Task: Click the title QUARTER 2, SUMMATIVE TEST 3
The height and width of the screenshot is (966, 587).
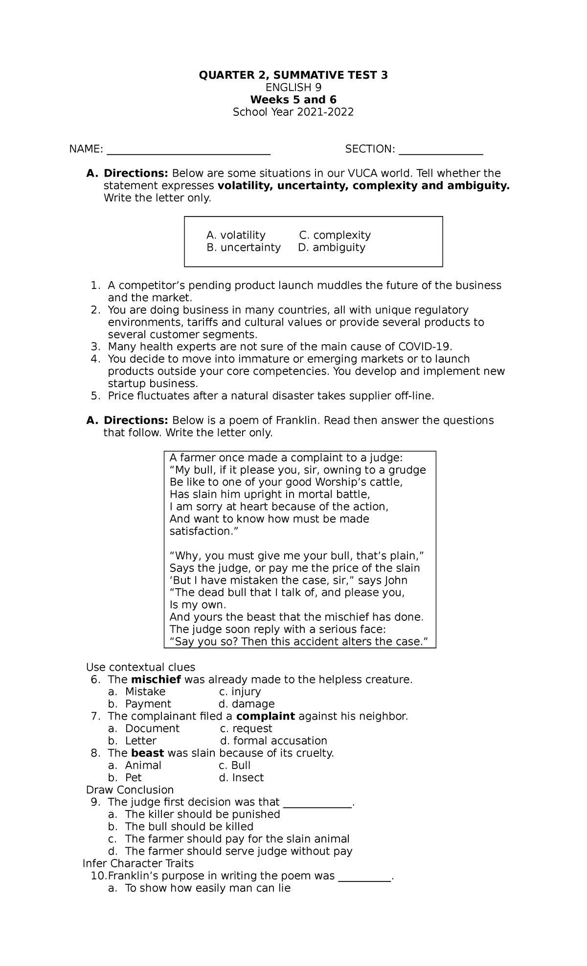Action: [293, 75]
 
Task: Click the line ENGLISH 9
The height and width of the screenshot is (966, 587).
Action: [293, 88]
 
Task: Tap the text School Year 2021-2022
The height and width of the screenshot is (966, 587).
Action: [293, 112]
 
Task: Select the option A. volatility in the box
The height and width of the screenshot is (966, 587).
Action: [236, 235]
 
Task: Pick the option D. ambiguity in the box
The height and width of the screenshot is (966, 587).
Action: [332, 247]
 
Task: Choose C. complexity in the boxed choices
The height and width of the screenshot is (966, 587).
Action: [335, 235]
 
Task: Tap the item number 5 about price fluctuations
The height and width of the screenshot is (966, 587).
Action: [95, 395]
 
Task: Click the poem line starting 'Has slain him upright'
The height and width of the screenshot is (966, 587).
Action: [270, 494]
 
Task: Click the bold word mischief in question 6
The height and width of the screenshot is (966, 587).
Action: [156, 680]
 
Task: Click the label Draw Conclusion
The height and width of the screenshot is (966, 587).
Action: [130, 790]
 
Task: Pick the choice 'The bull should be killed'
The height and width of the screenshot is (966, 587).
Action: [189, 826]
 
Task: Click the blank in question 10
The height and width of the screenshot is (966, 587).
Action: [365, 877]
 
